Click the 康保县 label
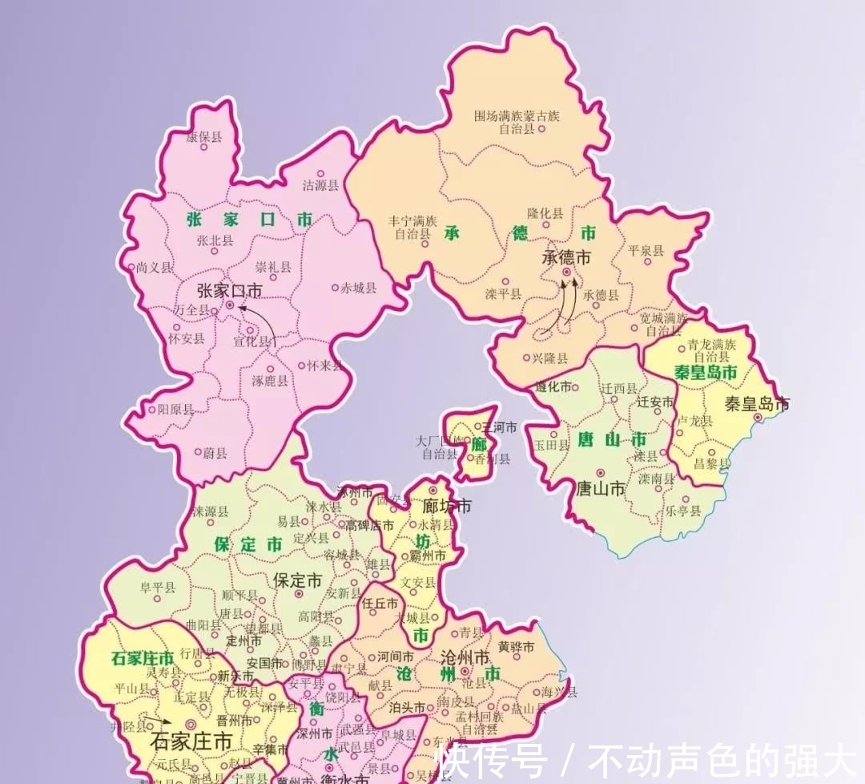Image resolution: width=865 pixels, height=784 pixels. (x=203, y=137)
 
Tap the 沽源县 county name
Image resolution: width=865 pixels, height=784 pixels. (x=320, y=185)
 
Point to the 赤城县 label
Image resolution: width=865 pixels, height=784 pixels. (x=358, y=288)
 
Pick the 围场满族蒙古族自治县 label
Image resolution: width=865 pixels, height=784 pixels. (x=517, y=122)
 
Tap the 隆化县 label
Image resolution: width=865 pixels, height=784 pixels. (x=545, y=213)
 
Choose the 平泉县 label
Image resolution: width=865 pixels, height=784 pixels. (x=646, y=250)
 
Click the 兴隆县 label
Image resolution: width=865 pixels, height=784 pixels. (x=549, y=358)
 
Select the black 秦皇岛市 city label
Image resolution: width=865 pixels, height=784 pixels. (x=757, y=403)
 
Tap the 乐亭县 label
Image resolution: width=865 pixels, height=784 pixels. (x=682, y=511)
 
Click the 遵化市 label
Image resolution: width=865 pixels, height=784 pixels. (x=553, y=386)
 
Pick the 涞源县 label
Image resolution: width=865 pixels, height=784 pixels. (x=210, y=511)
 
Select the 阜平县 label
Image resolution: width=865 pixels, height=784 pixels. (x=157, y=588)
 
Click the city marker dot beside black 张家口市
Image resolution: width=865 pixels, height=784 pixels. (x=230, y=305)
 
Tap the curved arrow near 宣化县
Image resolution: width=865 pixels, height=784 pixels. (x=261, y=322)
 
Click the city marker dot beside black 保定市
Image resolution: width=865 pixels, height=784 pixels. (x=299, y=594)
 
